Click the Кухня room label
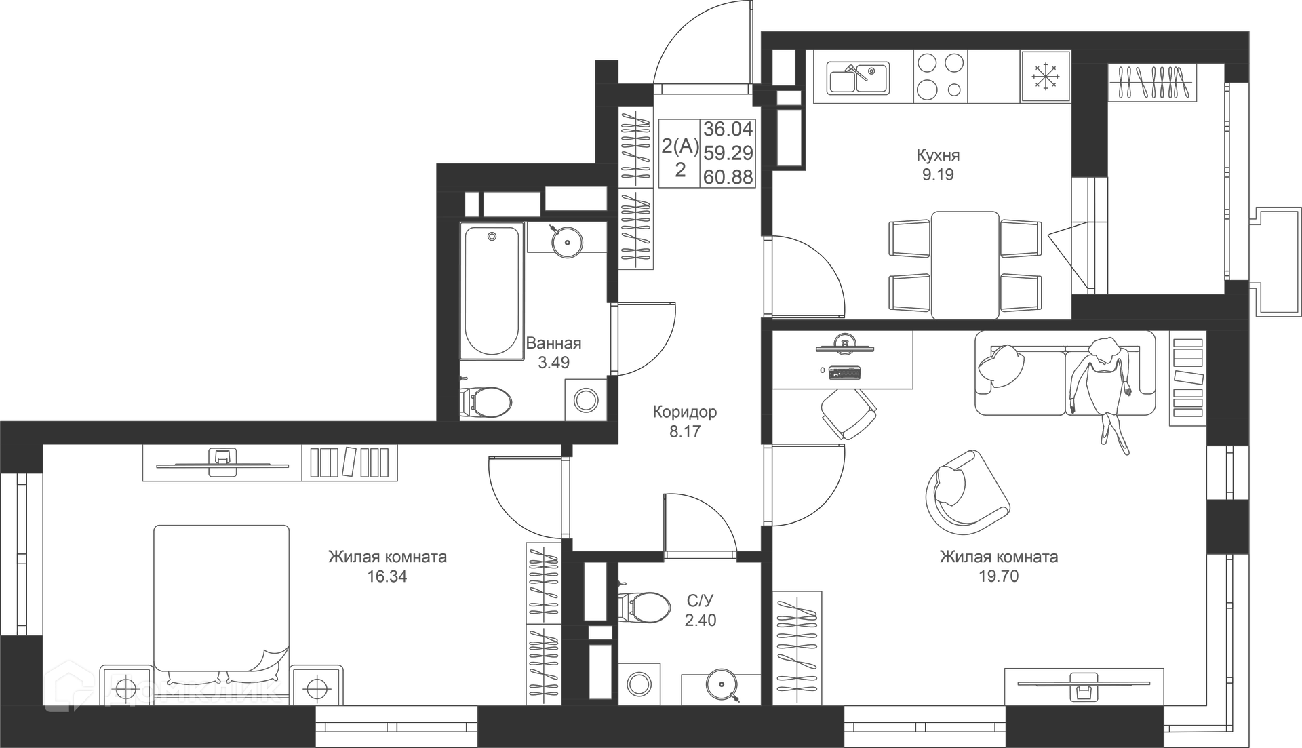point(938,156)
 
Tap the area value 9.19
point(938,175)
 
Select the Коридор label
point(684,412)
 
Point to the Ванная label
point(553,343)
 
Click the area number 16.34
point(387,576)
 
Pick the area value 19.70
point(998,576)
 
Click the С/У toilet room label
point(701,601)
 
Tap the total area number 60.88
point(728,177)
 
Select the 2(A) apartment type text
point(680,145)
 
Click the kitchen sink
point(858,78)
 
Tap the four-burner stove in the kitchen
point(940,77)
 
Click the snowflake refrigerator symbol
point(1046,77)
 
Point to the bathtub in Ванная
point(492,291)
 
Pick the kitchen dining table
point(965,264)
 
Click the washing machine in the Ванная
point(586,400)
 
